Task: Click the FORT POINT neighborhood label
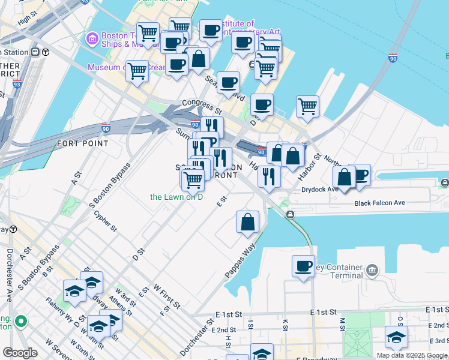pyautogui.click(x=83, y=143)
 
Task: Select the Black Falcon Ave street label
pyautogui.click(x=379, y=203)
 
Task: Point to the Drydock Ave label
pyautogui.click(x=320, y=190)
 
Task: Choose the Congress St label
pyautogui.click(x=202, y=107)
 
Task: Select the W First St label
pyautogui.click(x=166, y=296)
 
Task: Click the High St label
pyautogui.click(x=27, y=19)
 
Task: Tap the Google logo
pyautogui.click(x=20, y=353)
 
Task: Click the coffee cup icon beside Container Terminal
pyautogui.click(x=303, y=265)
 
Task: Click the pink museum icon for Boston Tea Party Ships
pyautogui.click(x=92, y=39)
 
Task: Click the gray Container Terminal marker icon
pyautogui.click(x=373, y=271)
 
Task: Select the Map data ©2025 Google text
pyautogui.click(x=412, y=355)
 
